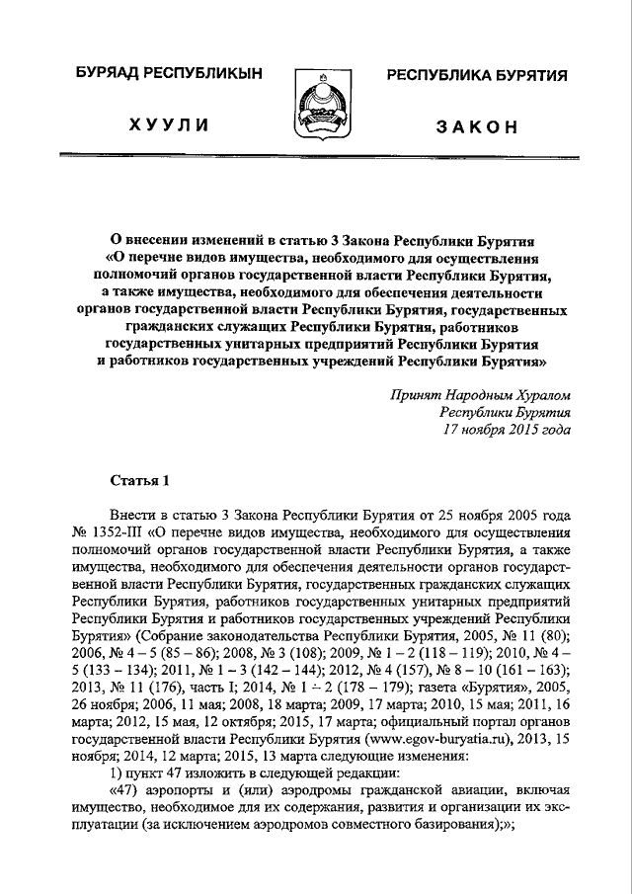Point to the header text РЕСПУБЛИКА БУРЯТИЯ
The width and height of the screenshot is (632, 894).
[476, 76]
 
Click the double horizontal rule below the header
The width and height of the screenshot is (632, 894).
[315, 155]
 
